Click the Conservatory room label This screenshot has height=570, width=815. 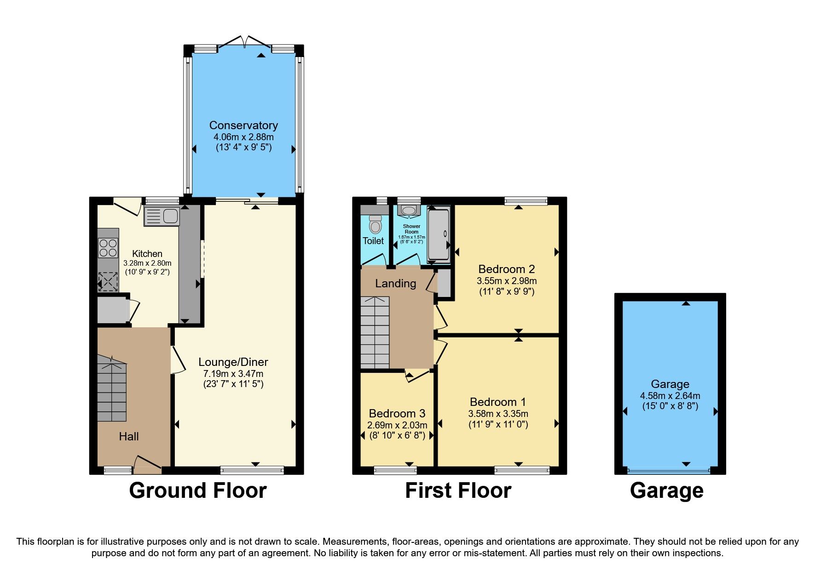tap(243, 125)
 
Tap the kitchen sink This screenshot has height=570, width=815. tap(162, 216)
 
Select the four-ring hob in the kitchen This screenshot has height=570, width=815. tap(108, 248)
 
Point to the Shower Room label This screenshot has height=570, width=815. tap(411, 228)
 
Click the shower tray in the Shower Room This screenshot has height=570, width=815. tap(439, 234)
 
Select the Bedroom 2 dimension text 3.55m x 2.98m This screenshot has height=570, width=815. tap(507, 281)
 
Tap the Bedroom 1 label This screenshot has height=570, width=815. tap(498, 402)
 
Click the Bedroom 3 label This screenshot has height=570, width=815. tap(397, 413)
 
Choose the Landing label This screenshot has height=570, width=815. tap(395, 284)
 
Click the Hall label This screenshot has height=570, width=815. tap(129, 436)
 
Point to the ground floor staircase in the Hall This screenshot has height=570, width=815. tap(112, 391)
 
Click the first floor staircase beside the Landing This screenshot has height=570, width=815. tap(375, 332)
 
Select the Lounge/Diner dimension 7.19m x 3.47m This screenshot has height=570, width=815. tap(233, 374)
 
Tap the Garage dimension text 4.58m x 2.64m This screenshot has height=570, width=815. tap(670, 396)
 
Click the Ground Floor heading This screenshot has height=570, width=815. tap(198, 490)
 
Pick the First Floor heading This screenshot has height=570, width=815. tap(458, 490)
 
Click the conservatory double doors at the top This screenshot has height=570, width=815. tap(245, 42)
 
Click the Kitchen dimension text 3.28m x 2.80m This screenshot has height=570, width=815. tap(147, 263)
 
